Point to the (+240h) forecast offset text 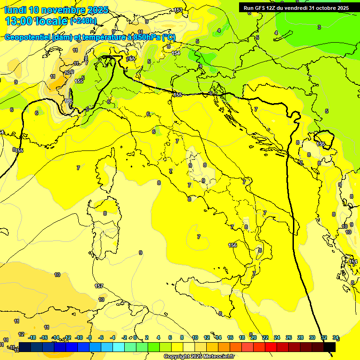pos(83,21)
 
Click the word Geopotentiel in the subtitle pos(28,37)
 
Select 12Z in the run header pos(271,8)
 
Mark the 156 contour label pos(232,245)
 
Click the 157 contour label pos(99,286)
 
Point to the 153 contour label pos(178,10)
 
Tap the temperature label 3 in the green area pos(319,27)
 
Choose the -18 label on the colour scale pos(32,337)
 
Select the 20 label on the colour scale pos(254,337)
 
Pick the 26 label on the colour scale pos(289,337)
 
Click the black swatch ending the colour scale pos(330,347)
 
